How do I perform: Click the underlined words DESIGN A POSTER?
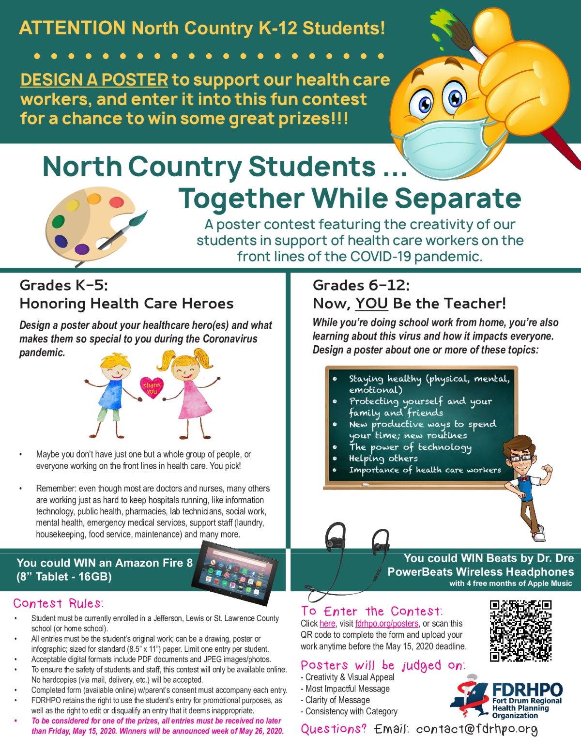tap(94, 80)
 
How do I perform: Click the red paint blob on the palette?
tap(116, 202)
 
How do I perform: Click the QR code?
tap(520, 631)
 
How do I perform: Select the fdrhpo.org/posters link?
tap(386, 624)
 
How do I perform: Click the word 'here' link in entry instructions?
tap(327, 624)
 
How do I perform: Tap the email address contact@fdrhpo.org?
tap(476, 729)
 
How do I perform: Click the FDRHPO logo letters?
tap(527, 690)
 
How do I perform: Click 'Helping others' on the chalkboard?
tap(383, 459)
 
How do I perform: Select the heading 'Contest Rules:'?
tap(58, 603)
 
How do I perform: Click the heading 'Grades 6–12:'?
tap(361, 285)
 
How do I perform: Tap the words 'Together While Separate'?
tap(350, 199)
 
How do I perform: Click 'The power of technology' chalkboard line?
tap(410, 447)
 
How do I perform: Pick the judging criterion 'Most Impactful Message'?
tap(347, 689)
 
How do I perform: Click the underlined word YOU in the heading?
tap(371, 304)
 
